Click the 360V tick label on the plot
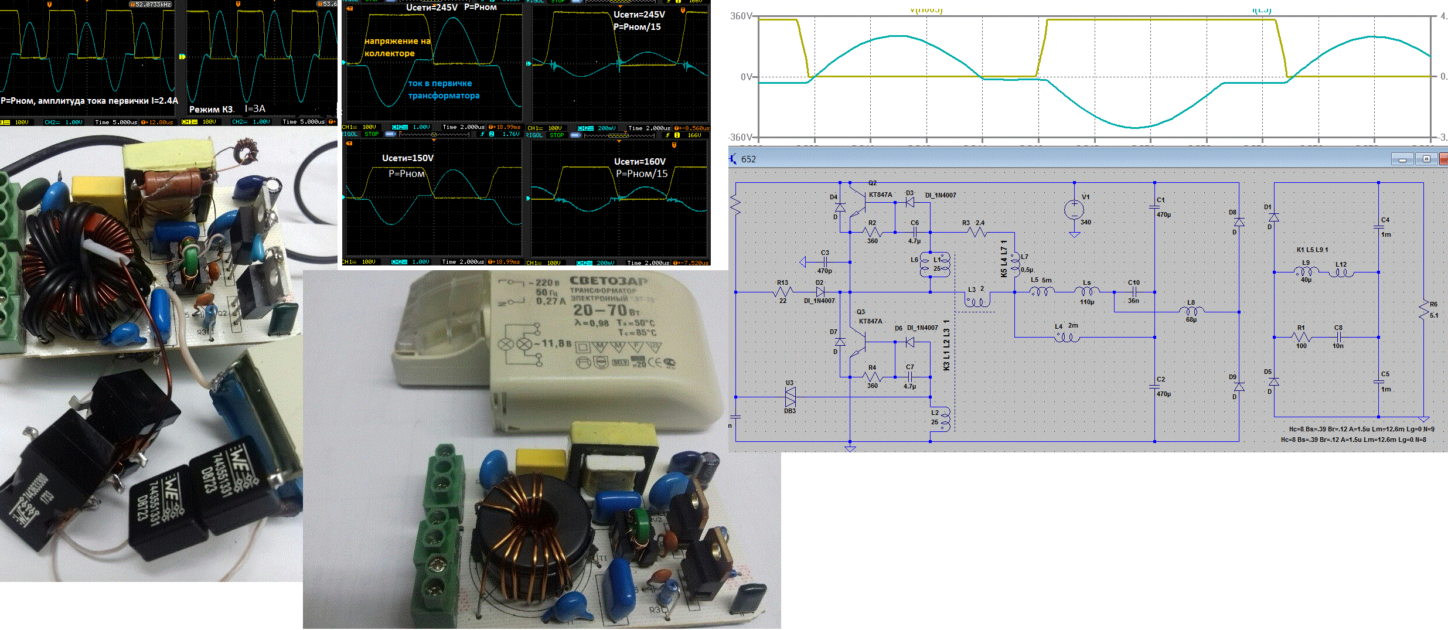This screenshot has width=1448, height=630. point(740,16)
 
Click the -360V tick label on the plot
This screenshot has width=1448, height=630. point(739,137)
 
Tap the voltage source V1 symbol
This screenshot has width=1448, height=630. point(1074,209)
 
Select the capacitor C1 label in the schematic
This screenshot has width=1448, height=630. point(1160,200)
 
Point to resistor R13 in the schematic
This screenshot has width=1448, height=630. point(783,291)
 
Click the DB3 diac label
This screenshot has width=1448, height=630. point(790,411)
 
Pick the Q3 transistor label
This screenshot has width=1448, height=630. point(860,312)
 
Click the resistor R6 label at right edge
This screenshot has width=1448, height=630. point(1433,304)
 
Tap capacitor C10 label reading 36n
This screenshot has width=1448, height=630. point(1133,301)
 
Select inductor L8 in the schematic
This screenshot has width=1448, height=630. point(1191,311)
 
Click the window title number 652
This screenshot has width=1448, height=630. point(748,159)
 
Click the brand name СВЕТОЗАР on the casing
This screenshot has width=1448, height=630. point(609,281)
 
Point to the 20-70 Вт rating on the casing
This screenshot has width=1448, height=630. point(607,310)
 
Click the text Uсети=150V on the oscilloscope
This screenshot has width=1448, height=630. point(408,158)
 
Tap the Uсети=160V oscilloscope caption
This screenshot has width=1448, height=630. point(639,161)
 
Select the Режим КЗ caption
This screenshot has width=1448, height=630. point(212,110)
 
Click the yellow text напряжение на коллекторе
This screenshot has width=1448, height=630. point(397,47)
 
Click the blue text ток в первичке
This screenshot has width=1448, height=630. point(440,83)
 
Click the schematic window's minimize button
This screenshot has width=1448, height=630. point(1402,159)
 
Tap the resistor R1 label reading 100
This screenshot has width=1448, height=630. point(1301,346)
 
